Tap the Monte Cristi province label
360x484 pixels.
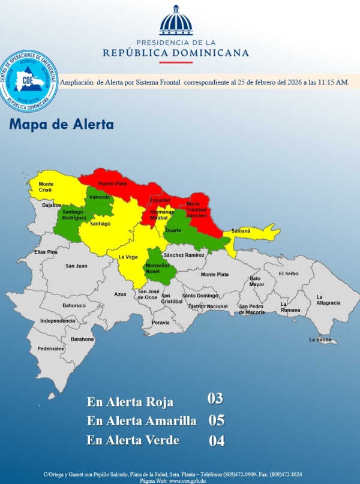pos(46,187)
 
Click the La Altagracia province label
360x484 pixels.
pos(328,299)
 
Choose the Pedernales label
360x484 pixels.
pos(50,348)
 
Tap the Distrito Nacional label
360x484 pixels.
pos(208,306)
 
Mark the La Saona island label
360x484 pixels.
pos(320,339)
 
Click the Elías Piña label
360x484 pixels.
pos(46,252)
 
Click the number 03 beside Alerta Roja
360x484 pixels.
pos(215,399)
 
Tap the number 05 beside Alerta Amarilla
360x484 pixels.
pos(216,420)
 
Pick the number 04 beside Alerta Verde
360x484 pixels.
pos(216,441)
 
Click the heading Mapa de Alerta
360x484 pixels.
pos(61,125)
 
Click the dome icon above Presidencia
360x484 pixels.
pos(176,22)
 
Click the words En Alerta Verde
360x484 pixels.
pos(133,440)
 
